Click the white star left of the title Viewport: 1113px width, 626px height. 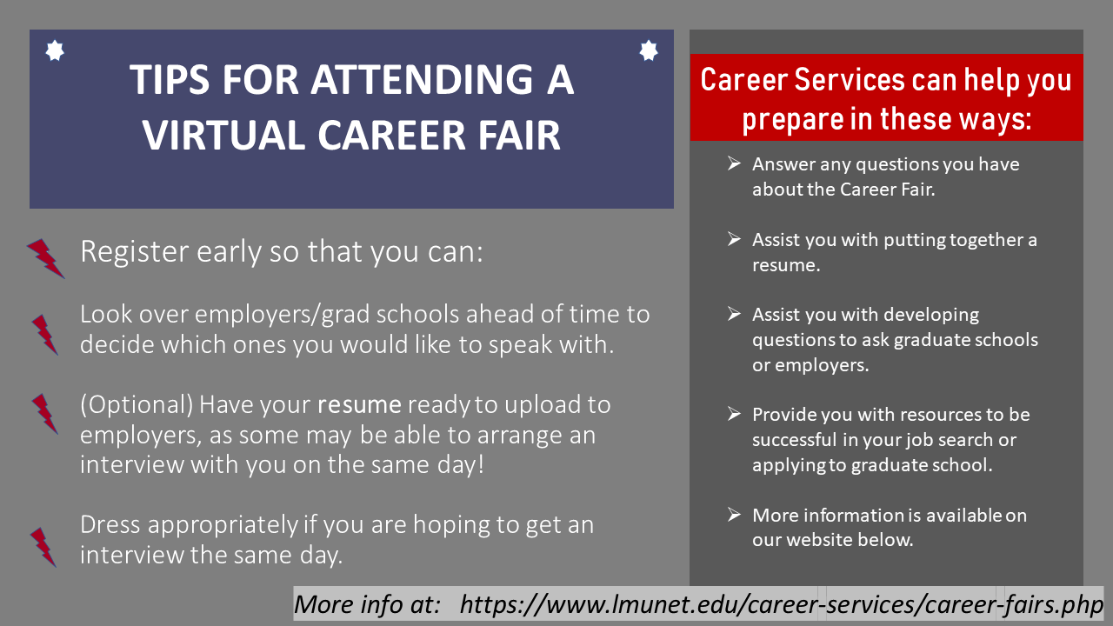pyautogui.click(x=55, y=50)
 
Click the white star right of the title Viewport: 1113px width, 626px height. pyautogui.click(x=649, y=50)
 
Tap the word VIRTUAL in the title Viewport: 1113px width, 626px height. pyautogui.click(x=223, y=135)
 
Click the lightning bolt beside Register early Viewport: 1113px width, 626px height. pyautogui.click(x=46, y=258)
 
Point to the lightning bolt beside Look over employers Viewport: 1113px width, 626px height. pyautogui.click(x=45, y=335)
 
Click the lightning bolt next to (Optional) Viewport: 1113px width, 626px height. pyautogui.click(x=45, y=414)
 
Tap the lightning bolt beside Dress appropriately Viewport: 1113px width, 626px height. pyautogui.click(x=43, y=548)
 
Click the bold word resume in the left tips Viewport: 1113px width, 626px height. pyautogui.click(x=359, y=405)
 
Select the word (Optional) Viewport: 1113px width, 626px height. pyautogui.click(x=137, y=405)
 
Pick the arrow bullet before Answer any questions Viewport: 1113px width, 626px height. pyautogui.click(x=734, y=163)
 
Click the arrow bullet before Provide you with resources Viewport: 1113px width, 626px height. pyautogui.click(x=734, y=413)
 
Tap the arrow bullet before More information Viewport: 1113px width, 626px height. pyautogui.click(x=734, y=514)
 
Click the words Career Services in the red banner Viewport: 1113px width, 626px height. pyautogui.click(x=803, y=80)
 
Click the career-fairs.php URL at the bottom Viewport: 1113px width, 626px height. pyautogui.click(x=782, y=604)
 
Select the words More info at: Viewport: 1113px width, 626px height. pyautogui.click(x=367, y=604)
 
